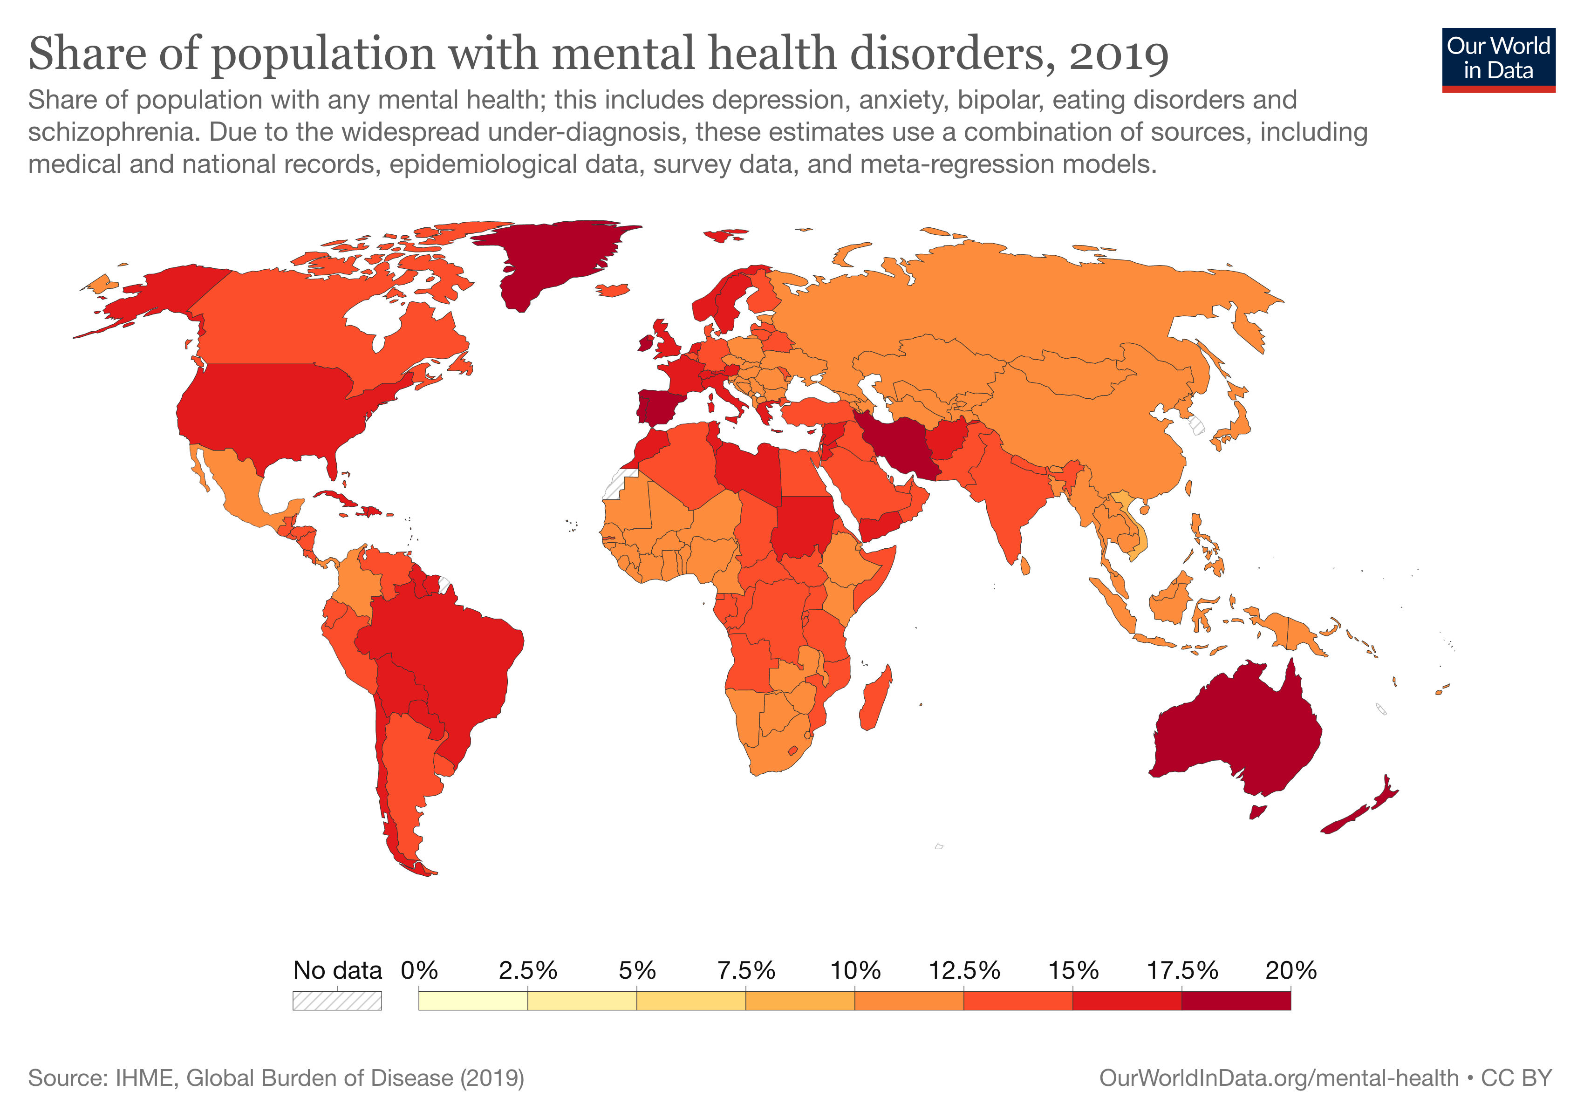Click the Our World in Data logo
click(1498, 59)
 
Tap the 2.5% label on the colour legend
click(528, 970)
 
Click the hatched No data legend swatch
click(337, 1001)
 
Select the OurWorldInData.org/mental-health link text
click(1278, 1077)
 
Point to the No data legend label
click(337, 970)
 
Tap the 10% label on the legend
click(855, 970)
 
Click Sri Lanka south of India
click(1025, 566)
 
